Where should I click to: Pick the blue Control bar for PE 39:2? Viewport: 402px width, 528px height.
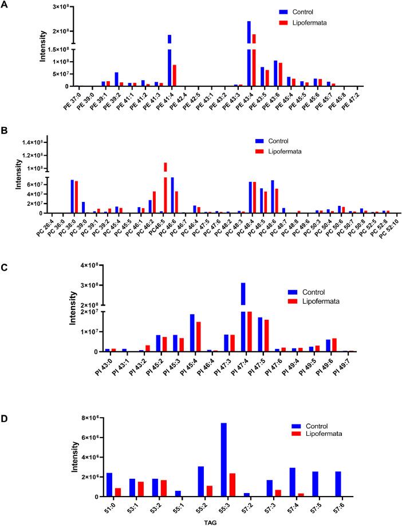pos(116,79)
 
